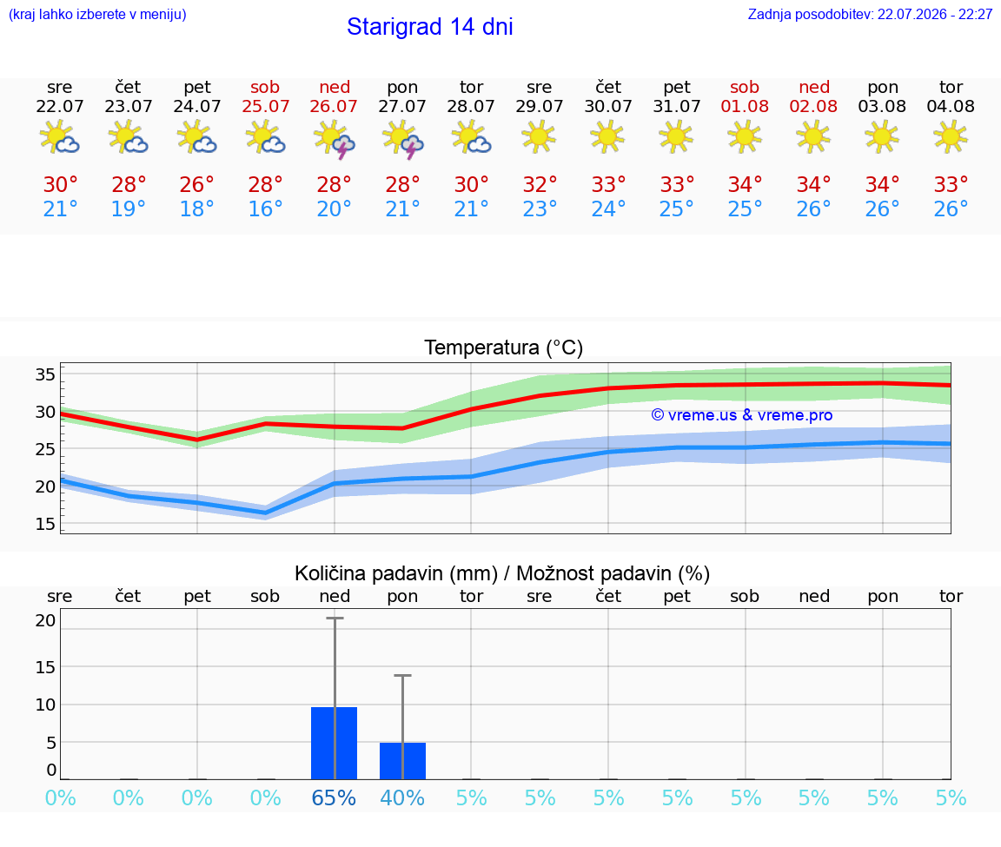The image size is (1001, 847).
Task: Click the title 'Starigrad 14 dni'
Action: (429, 27)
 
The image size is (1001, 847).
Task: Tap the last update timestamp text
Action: (870, 14)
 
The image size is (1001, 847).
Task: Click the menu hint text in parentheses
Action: (97, 14)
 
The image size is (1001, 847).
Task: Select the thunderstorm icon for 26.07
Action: (334, 138)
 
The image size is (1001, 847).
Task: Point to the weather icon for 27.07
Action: (402, 138)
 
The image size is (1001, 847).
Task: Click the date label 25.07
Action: (266, 106)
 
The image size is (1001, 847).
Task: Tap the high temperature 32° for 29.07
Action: (540, 184)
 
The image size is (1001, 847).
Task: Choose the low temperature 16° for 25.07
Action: (266, 208)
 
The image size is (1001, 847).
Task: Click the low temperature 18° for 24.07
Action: (196, 208)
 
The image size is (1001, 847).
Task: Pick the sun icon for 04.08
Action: (951, 136)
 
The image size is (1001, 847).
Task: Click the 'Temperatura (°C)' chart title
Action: (504, 347)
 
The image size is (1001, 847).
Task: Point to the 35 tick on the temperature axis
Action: (45, 374)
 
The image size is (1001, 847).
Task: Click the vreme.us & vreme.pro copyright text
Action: (742, 415)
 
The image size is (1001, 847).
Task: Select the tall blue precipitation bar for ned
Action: (334, 743)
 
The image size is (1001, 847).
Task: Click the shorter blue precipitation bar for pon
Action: (403, 761)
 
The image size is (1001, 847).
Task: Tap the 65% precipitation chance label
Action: (334, 797)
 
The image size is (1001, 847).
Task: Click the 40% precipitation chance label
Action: (402, 797)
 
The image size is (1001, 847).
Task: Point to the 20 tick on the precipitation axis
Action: (45, 620)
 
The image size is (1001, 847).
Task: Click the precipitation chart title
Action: (502, 573)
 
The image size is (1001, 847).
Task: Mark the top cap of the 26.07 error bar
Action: (335, 618)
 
